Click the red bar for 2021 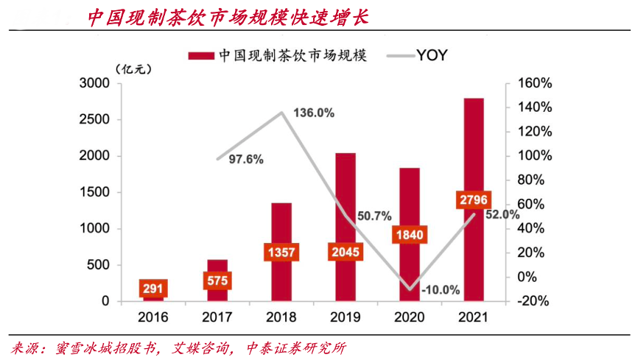tap(474, 147)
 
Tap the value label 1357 tap(281, 253)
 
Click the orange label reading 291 tap(153, 289)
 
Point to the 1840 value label tap(410, 233)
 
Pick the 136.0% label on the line tap(314, 113)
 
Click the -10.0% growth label tap(441, 290)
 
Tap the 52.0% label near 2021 tap(502, 215)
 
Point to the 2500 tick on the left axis tap(94, 120)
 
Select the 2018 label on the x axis tap(281, 318)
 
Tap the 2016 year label tap(153, 318)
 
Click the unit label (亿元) tap(133, 69)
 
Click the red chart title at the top tap(228, 17)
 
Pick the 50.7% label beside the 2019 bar tap(374, 216)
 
